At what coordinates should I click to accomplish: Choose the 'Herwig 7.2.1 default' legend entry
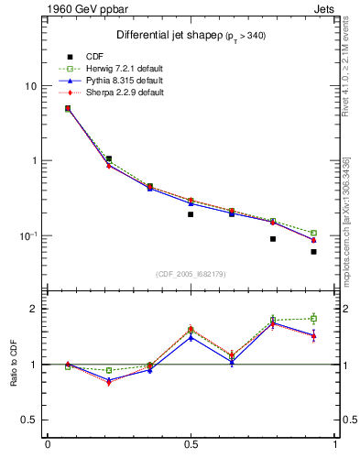click(x=120, y=69)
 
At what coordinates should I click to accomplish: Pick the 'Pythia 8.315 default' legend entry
click(x=119, y=81)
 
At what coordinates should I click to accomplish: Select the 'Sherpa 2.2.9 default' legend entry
click(x=120, y=93)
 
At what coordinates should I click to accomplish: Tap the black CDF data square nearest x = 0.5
click(x=191, y=214)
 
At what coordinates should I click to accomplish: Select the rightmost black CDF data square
click(x=313, y=251)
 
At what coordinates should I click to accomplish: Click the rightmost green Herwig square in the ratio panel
click(x=313, y=319)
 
